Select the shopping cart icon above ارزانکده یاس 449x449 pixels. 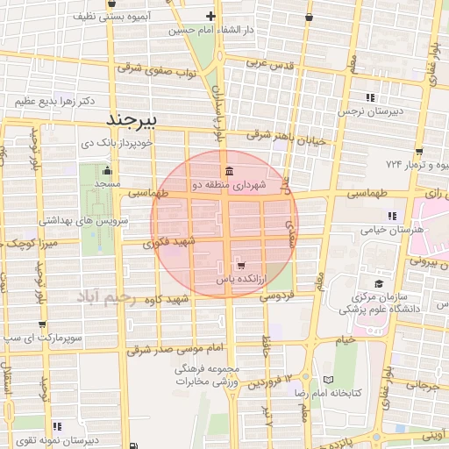[x=240, y=265]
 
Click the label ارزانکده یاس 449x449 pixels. [x=240, y=278]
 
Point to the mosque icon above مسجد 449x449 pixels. [x=107, y=172]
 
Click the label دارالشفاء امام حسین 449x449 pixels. [x=212, y=31]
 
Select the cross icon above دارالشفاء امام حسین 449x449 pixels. [x=210, y=17]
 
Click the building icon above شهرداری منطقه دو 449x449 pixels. [x=228, y=171]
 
